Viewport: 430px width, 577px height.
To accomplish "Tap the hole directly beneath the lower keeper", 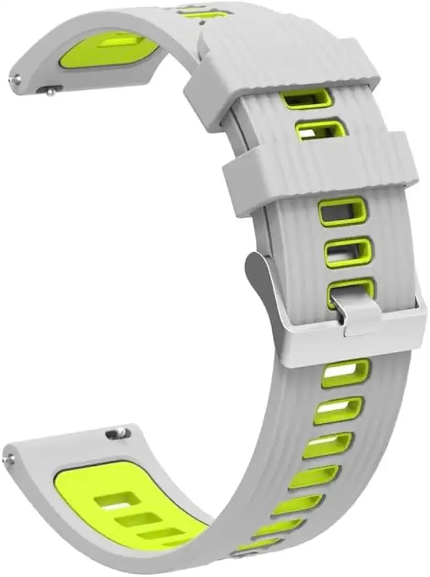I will click(x=342, y=211).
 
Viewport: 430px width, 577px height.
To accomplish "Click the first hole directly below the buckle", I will click(x=346, y=373).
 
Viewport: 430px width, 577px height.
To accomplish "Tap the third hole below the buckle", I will click(x=328, y=445).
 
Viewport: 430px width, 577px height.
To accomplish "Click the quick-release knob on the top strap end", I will click(x=51, y=92).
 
